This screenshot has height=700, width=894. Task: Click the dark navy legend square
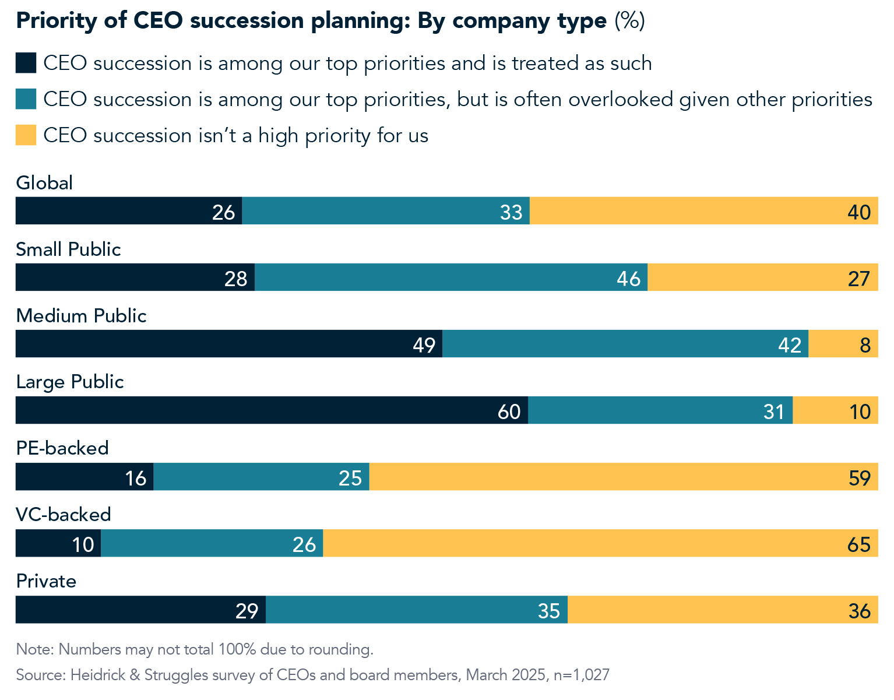(26, 63)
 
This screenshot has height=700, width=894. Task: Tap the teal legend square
(26, 99)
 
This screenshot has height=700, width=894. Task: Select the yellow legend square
(26, 135)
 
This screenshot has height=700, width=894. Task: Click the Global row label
(44, 183)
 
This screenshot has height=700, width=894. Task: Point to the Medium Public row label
(81, 316)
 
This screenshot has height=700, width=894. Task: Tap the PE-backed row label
(62, 448)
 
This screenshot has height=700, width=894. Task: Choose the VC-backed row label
(64, 515)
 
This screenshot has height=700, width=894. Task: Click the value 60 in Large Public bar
(509, 411)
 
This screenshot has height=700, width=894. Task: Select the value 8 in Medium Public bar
(865, 345)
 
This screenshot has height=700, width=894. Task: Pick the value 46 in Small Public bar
(629, 279)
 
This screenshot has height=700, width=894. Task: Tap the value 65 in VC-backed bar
(859, 544)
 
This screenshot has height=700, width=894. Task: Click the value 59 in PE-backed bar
(860, 478)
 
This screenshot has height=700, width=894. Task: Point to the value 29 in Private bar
(247, 611)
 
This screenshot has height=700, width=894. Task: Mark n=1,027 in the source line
(581, 675)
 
